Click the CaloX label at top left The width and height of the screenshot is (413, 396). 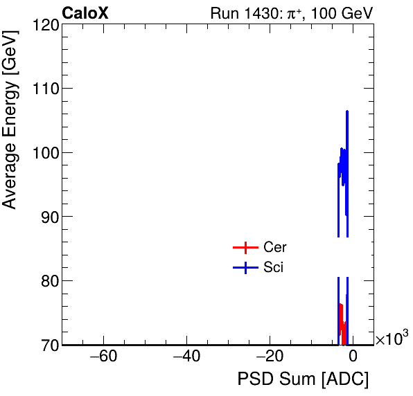(x=85, y=13)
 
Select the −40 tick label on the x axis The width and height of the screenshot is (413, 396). (x=186, y=357)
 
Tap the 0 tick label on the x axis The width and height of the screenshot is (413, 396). (x=353, y=357)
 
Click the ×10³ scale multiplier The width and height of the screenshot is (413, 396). (x=392, y=339)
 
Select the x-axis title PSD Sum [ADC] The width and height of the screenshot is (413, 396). (x=303, y=380)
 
